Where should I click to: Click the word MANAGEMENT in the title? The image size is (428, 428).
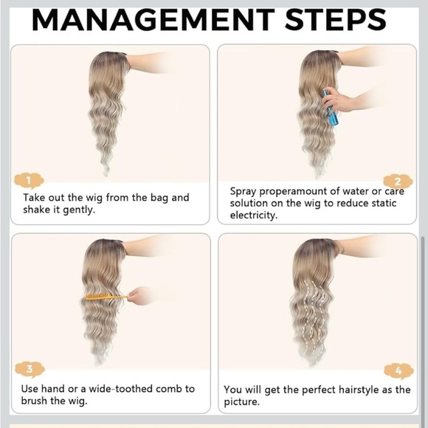pos(153,20)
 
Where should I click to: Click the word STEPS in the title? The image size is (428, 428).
pos(336,20)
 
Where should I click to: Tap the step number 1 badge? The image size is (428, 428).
pos(29,181)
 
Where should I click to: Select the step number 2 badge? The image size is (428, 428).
pos(398,182)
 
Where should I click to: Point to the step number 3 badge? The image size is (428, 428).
pos(30,369)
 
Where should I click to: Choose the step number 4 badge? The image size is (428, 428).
pos(398,371)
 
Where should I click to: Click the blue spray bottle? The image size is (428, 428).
pos(330,108)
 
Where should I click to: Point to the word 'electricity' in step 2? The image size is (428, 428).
pos(254,215)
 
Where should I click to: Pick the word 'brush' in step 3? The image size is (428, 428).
pos(34,401)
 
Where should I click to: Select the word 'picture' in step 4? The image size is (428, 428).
pos(241,401)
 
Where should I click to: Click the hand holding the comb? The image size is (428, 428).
pos(139,296)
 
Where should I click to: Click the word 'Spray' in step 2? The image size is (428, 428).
pos(244,191)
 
